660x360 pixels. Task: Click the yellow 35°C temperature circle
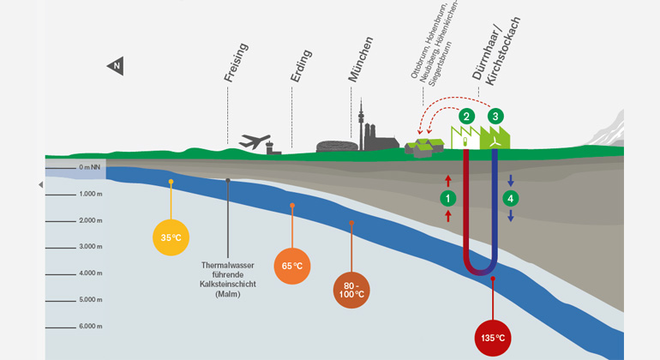(171, 237)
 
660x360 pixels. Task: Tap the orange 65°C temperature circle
(292, 265)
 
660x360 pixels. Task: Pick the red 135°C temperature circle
(493, 337)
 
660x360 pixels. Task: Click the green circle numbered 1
(447, 198)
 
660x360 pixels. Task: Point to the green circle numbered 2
(467, 116)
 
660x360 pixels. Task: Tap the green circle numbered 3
(495, 116)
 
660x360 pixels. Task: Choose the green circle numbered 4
(511, 199)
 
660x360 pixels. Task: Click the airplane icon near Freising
(255, 141)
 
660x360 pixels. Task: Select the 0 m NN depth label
(91, 167)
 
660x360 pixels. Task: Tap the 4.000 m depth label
(89, 273)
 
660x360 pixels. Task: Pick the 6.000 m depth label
(89, 327)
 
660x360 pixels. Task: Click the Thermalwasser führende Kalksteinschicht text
(229, 279)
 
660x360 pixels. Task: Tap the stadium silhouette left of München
(333, 146)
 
